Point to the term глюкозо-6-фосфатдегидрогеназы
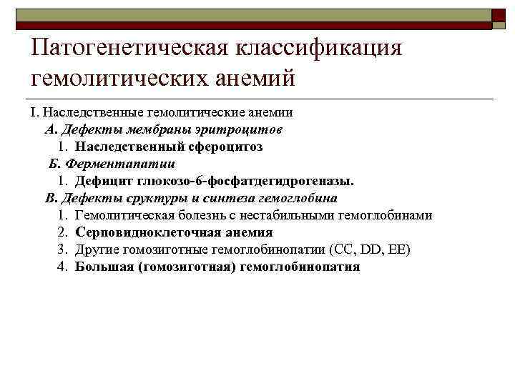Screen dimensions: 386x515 click(241, 181)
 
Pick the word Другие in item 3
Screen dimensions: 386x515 click(97, 249)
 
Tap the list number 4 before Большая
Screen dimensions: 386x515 click(62, 267)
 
